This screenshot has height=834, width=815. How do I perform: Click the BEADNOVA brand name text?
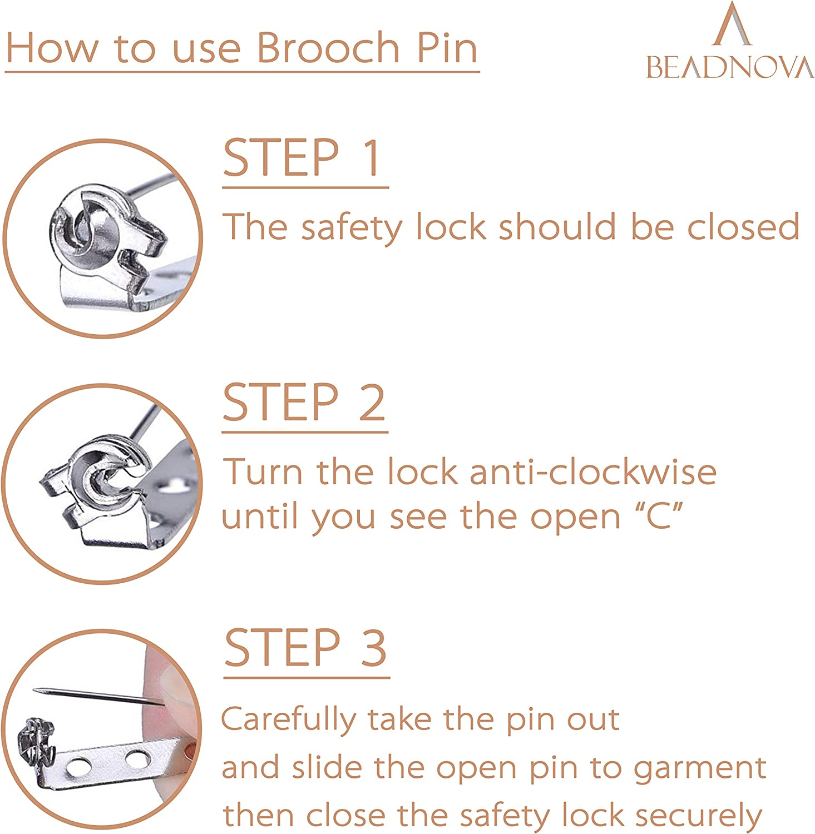(x=729, y=68)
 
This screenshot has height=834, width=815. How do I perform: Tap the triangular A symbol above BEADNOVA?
(x=732, y=25)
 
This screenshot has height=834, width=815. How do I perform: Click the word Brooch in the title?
(x=328, y=48)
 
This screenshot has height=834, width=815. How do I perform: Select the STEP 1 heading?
(x=303, y=158)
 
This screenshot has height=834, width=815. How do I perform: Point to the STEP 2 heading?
(x=304, y=403)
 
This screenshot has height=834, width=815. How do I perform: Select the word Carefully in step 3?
(x=288, y=721)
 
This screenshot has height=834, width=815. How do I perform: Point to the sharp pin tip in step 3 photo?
(x=37, y=691)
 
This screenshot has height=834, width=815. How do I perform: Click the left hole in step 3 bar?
(x=78, y=768)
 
